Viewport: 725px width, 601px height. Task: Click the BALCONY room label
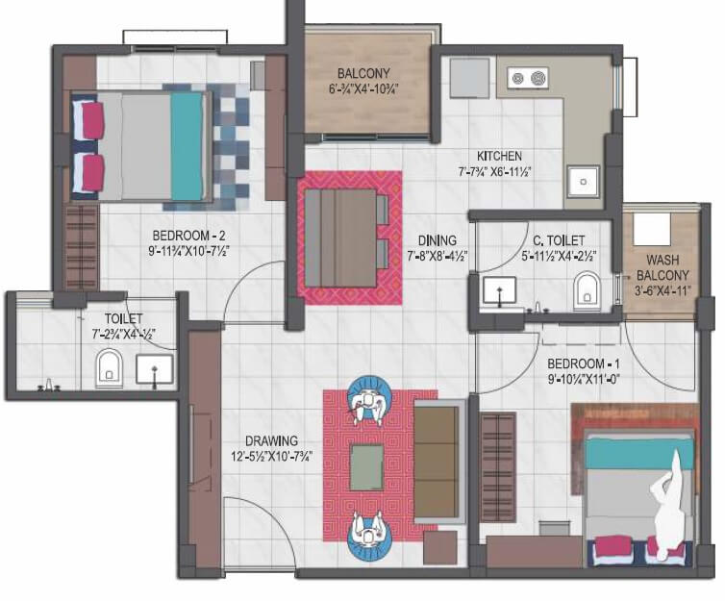click(x=362, y=74)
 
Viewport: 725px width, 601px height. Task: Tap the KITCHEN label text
click(x=499, y=156)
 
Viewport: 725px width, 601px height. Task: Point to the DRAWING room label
click(x=270, y=441)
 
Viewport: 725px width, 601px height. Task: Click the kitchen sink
click(x=582, y=180)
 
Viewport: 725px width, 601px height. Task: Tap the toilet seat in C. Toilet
click(x=587, y=289)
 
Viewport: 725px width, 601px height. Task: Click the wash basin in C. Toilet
click(x=499, y=289)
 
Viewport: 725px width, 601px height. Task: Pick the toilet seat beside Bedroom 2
click(x=109, y=366)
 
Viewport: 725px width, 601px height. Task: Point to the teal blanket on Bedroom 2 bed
click(x=187, y=144)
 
